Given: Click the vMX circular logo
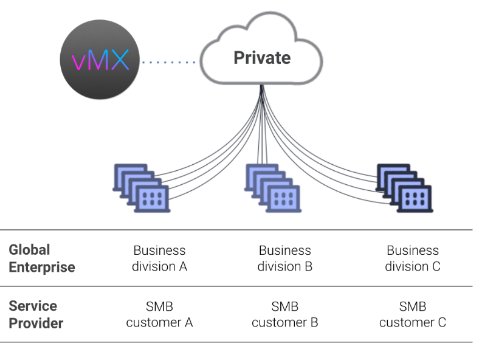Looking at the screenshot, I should tap(100, 60).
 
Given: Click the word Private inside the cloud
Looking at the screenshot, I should tap(262, 58).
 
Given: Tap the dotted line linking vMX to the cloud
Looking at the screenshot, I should tap(168, 61).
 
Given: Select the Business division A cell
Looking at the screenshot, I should tap(159, 258).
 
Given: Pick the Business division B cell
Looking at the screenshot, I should tap(284, 258).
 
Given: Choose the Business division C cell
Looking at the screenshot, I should tap(413, 258).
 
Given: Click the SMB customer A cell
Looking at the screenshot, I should tap(159, 314).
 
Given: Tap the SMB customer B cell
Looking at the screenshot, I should tap(284, 314).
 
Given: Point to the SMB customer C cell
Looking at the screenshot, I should tap(413, 314).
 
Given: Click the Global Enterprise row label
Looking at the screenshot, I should tap(41, 258).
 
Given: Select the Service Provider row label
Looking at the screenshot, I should tap(36, 314).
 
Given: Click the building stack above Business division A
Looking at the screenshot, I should tap(142, 188).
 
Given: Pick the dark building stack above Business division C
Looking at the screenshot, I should tap(404, 188).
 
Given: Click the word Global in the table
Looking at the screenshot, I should tap(29, 250).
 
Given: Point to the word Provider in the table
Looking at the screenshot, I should tap(36, 323).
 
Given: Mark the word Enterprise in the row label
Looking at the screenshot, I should tap(41, 267).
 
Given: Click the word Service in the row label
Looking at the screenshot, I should tap(33, 306).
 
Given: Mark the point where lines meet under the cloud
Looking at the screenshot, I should tap(262, 88).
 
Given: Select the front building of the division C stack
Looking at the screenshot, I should tap(415, 198).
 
